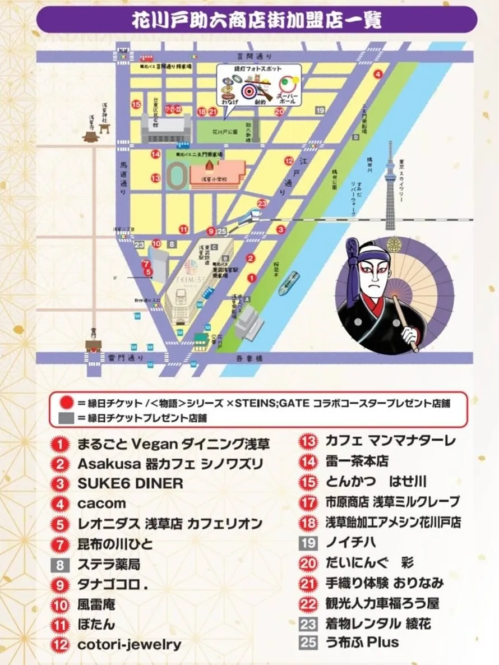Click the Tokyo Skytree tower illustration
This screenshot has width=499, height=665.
point(390,185)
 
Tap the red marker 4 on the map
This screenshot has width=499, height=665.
point(378,73)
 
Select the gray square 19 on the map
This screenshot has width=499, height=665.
point(320,111)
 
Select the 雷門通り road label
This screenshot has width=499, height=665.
point(129,357)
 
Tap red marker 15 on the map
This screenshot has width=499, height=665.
point(136,104)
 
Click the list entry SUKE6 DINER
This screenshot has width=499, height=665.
point(130,483)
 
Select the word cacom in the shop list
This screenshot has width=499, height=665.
point(101,504)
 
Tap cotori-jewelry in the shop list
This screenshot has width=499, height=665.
point(130,644)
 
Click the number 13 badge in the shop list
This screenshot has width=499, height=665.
point(308,441)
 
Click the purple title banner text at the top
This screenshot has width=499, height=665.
point(256,21)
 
